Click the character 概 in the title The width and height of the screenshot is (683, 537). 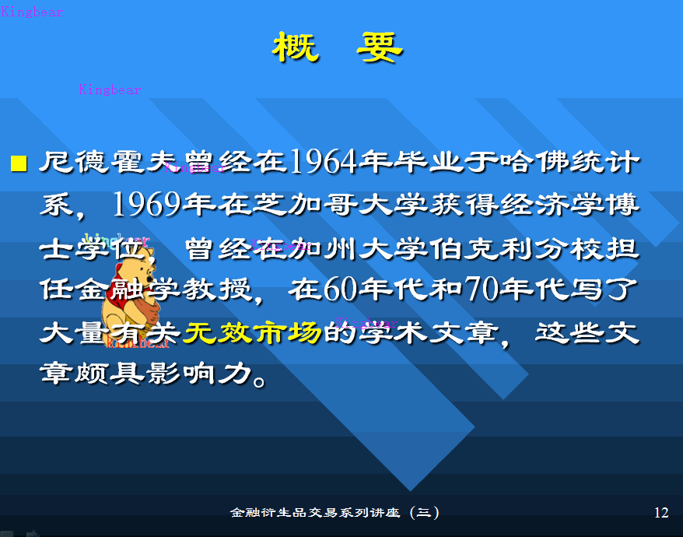point(296,48)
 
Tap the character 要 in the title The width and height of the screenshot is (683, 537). point(380,48)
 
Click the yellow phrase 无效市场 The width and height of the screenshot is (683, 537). point(252,333)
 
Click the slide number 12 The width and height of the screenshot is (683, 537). point(661,512)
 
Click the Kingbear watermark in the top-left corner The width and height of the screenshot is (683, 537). point(32,12)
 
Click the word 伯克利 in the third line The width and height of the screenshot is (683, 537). point(466,248)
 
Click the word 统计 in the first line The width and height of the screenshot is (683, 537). point(603,163)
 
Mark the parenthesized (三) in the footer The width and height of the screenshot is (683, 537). point(424,512)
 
